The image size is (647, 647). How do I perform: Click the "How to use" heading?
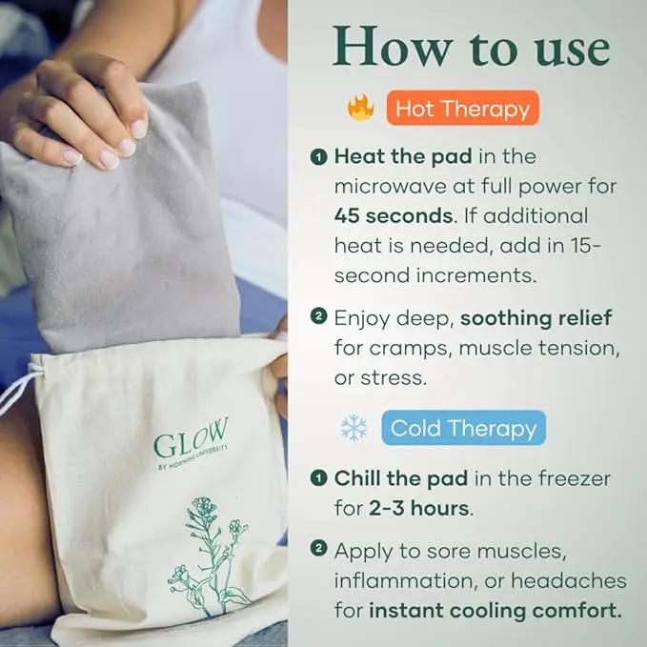471,47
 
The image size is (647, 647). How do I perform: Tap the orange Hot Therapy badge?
462,108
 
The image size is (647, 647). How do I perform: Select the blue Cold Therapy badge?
463,428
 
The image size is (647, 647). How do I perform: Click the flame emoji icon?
361,108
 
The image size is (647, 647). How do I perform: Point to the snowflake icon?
354,428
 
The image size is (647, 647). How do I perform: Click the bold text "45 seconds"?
394,215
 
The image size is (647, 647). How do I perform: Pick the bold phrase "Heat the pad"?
403,156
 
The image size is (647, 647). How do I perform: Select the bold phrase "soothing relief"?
536,318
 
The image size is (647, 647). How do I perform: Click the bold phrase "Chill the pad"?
401,478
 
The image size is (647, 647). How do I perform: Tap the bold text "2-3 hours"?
419,509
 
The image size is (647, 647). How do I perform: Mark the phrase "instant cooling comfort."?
495,611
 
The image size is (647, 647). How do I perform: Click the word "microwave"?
391,187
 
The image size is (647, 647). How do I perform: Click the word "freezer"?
574,478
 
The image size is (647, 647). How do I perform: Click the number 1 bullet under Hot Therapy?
318,157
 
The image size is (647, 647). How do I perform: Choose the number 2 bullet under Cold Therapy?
318,549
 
